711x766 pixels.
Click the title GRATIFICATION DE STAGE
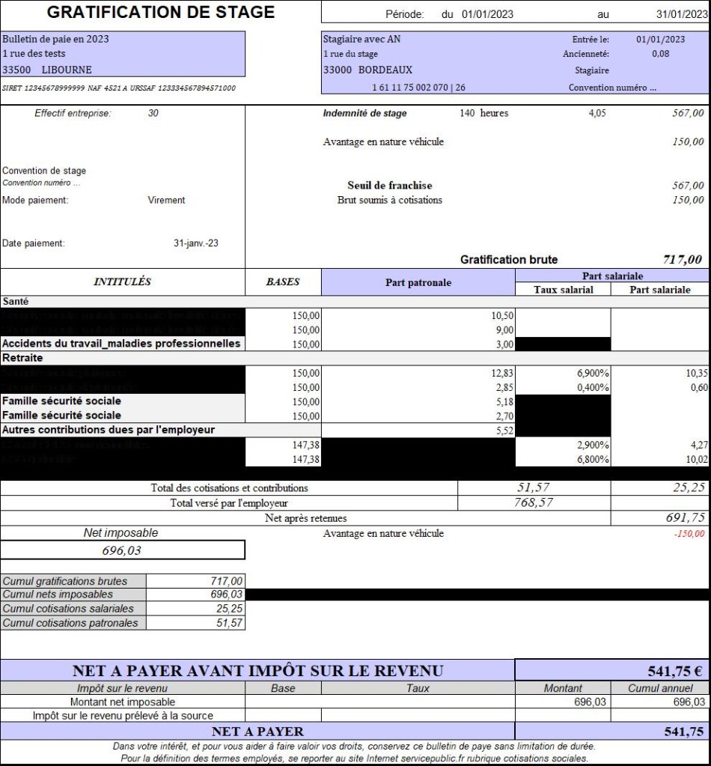tap(161, 12)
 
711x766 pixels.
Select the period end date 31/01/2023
tap(675, 14)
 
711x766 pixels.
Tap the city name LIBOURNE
tap(67, 70)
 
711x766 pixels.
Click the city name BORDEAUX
tap(385, 70)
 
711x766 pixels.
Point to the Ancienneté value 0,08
tap(660, 54)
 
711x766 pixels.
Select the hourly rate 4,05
tap(597, 114)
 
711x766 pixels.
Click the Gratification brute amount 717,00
tap(682, 260)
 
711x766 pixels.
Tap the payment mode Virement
tap(166, 200)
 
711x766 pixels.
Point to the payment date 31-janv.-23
tap(196, 243)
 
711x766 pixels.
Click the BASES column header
tap(283, 282)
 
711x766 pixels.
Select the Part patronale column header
tap(418, 282)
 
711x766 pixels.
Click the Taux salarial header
tap(563, 290)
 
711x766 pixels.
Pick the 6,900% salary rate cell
tap(591, 372)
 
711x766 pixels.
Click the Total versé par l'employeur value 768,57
tap(533, 503)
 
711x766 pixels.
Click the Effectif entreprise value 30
tap(153, 113)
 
